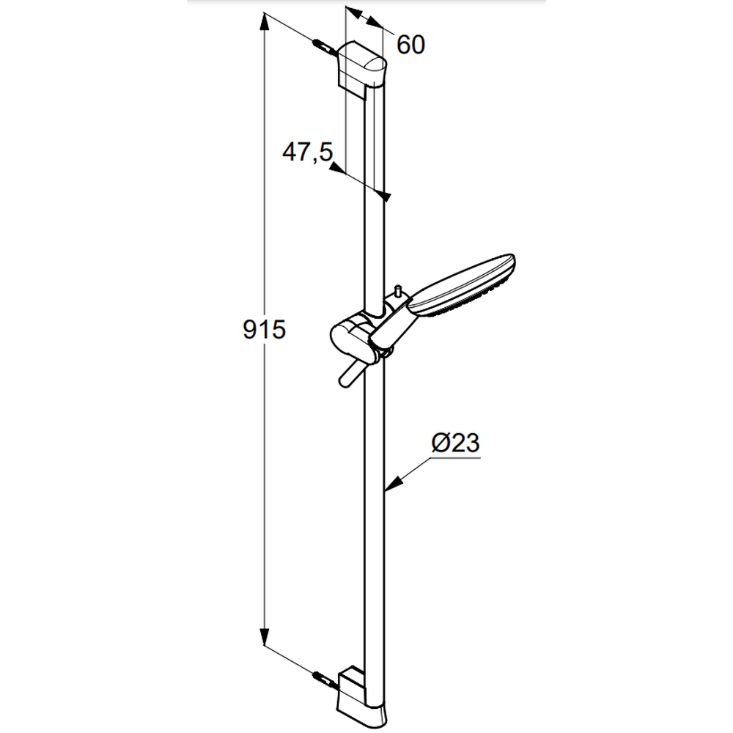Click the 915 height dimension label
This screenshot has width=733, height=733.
(264, 330)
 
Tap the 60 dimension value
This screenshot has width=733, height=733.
(411, 45)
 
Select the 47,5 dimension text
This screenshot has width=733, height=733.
(308, 152)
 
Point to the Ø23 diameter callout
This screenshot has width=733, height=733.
(456, 442)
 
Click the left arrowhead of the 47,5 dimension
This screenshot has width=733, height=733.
(336, 167)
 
